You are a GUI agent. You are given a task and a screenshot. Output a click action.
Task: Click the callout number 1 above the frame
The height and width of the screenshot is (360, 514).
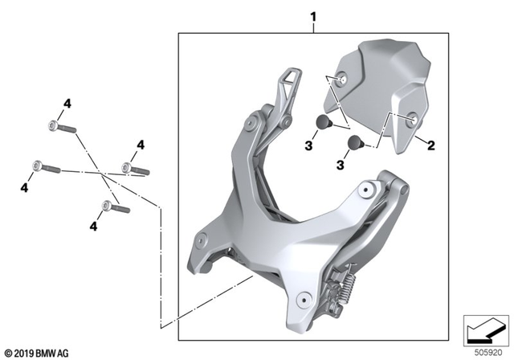point(313,16)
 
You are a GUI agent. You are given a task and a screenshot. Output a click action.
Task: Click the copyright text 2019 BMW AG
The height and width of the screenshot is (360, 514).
point(36,352)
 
